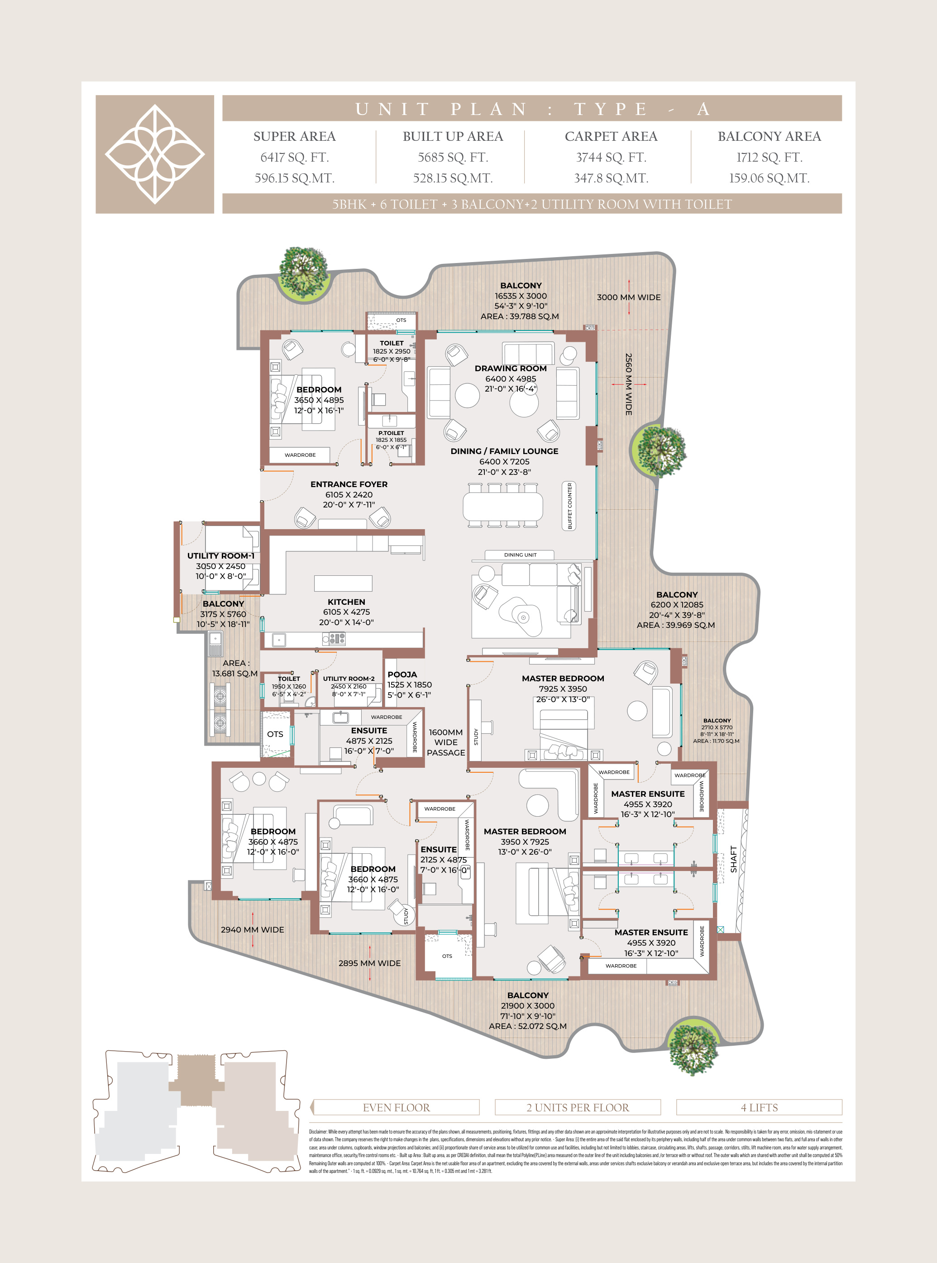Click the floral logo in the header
click(155, 154)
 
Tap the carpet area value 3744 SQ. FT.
click(611, 157)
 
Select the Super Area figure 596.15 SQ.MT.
click(294, 178)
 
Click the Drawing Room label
click(511, 368)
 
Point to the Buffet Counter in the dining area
click(570, 506)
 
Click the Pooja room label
click(402, 675)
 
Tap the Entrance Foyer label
click(349, 484)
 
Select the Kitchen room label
click(346, 602)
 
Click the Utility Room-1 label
click(220, 556)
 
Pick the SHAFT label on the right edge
click(733, 859)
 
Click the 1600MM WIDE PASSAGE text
click(446, 742)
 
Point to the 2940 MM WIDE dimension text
click(253, 929)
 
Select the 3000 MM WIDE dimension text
click(628, 297)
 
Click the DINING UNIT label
click(520, 555)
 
